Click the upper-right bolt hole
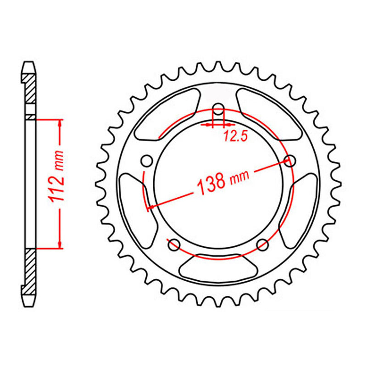(x=289, y=161)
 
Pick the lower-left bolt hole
(x=174, y=245)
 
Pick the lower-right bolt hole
(x=262, y=244)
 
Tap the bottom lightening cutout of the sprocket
(x=218, y=268)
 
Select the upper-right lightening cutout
(x=268, y=113)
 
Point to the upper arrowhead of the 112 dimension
(x=60, y=123)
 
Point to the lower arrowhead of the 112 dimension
(x=60, y=245)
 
